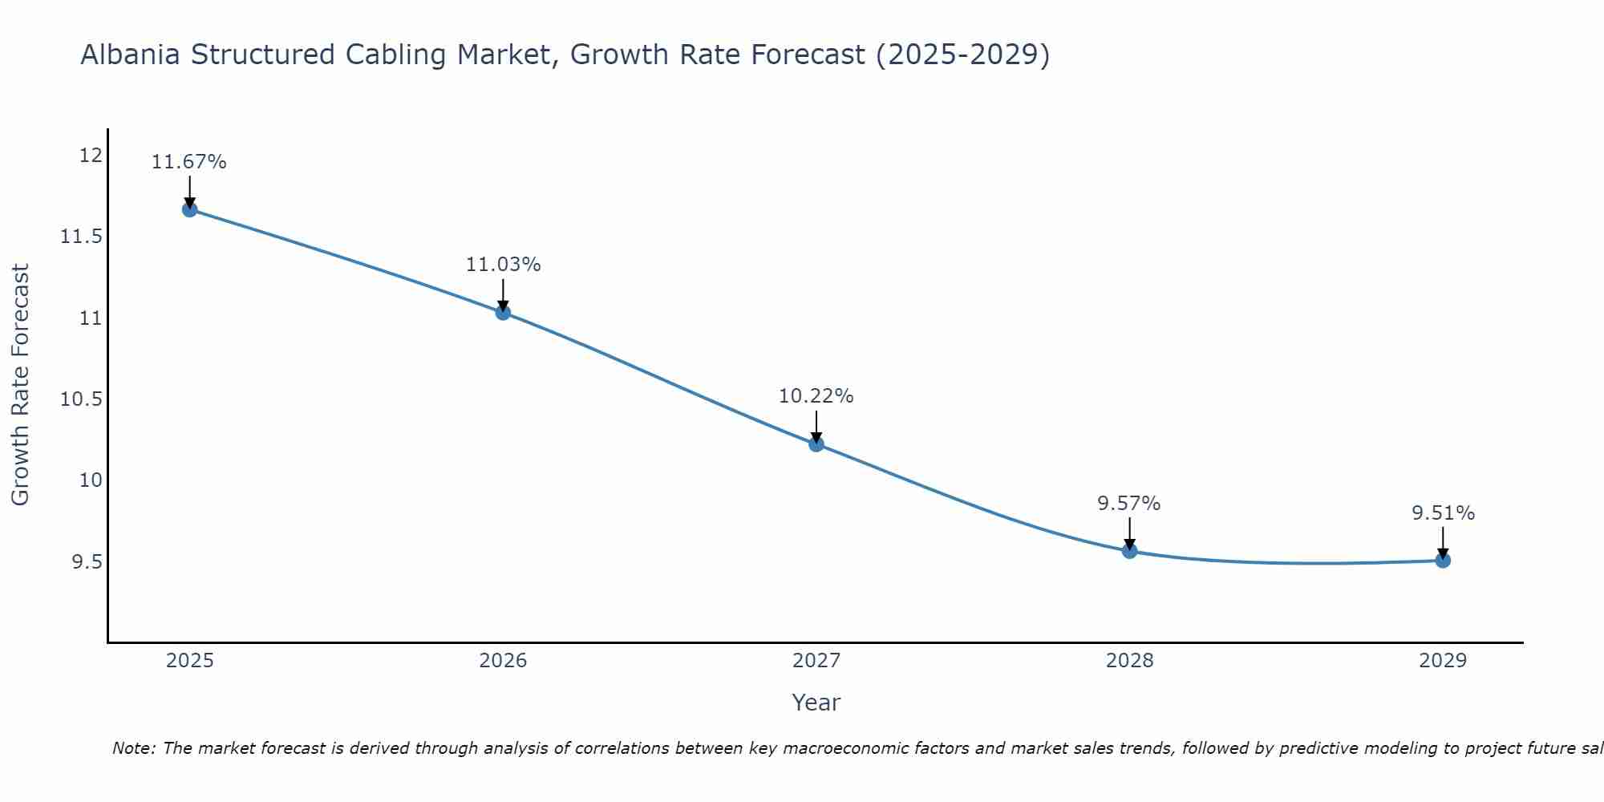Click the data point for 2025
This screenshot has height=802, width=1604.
coord(189,210)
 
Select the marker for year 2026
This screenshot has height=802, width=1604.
coord(503,313)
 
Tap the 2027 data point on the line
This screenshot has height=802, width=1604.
coord(816,444)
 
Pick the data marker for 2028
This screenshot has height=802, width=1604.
coord(1129,551)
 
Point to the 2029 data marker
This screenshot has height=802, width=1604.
coord(1443,561)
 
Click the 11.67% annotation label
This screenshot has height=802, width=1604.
coord(189,162)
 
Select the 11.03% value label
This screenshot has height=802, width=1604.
coord(503,265)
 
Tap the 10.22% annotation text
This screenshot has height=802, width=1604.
coord(816,396)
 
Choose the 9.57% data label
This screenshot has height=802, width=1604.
coord(1129,504)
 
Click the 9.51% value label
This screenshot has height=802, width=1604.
coord(1443,513)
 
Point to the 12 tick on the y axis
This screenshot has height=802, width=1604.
coord(91,155)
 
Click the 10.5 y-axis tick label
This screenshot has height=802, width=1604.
coord(82,399)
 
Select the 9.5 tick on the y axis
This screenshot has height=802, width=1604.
coord(87,562)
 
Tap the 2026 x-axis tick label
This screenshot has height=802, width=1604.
coord(503,661)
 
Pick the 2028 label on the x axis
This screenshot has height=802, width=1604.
coord(1129,661)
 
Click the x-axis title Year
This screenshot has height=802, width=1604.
coord(816,703)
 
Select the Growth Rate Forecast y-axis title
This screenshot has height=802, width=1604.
coord(20,385)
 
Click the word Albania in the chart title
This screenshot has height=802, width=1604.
coord(130,55)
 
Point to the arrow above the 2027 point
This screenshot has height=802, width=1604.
coord(816,425)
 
